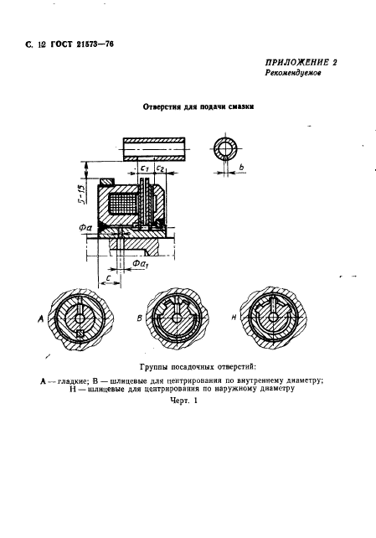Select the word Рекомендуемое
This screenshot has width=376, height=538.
[294, 74]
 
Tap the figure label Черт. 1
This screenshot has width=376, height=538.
[182, 401]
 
